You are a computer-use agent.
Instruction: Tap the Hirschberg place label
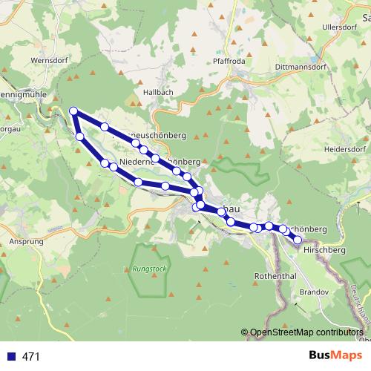point(325,251)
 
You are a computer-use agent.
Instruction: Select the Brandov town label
point(315,292)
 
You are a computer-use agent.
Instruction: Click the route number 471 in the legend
point(31,357)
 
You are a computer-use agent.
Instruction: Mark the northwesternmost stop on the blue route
point(73,111)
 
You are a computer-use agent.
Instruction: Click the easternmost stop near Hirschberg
point(298,239)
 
